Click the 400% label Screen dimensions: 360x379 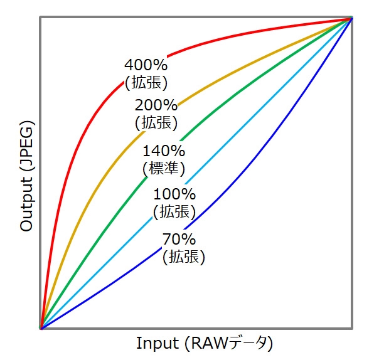click(146, 65)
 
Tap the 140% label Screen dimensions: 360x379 click(164, 151)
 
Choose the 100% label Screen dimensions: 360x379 click(174, 195)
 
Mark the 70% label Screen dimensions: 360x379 click(179, 239)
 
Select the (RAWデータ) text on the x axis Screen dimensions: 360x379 click(235, 344)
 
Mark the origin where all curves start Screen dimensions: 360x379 click(41, 327)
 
